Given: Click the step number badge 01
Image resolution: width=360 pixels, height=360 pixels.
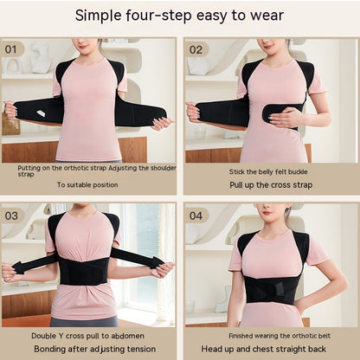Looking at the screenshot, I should (13, 49).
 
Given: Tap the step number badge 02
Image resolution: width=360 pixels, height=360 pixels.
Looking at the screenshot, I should (197, 49).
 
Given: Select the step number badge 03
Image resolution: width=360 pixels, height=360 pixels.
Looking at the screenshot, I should (13, 215).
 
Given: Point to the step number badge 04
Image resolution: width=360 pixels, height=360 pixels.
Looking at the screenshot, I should (197, 215).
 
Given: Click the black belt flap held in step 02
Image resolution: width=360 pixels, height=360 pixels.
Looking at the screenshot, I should (284, 112).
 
